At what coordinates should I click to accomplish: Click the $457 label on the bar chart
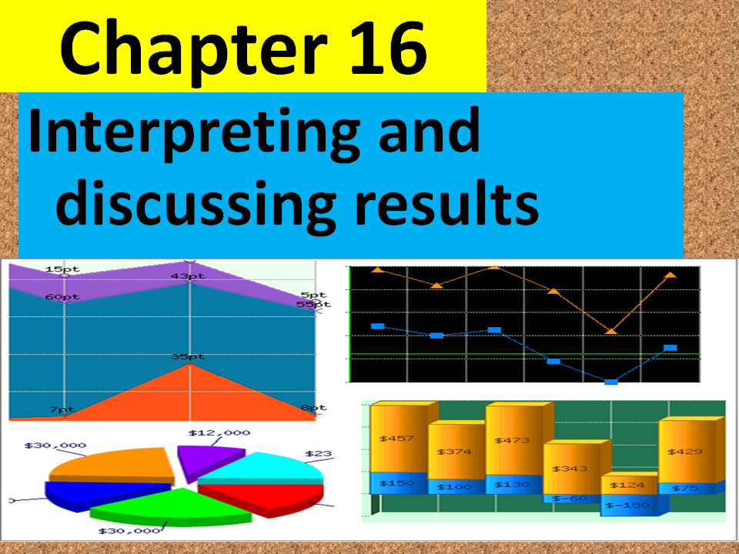(x=397, y=439)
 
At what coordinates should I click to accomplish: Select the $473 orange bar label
(x=511, y=440)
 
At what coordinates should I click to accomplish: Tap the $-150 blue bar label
(x=625, y=506)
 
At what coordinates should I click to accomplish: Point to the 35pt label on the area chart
(x=188, y=356)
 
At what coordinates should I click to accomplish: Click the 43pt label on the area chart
(x=188, y=276)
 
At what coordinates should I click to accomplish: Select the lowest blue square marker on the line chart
(x=610, y=382)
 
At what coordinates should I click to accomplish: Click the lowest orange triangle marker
(x=611, y=331)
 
